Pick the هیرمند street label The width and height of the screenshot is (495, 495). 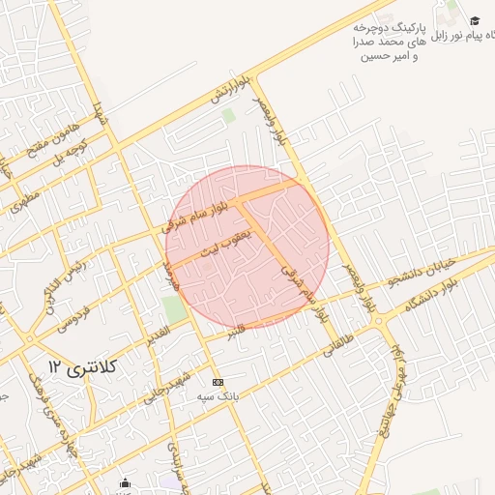pyautogui.click(x=173, y=277)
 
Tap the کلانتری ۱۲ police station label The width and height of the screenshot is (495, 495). pyautogui.click(x=81, y=366)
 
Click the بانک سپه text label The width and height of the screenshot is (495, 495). pyautogui.click(x=218, y=397)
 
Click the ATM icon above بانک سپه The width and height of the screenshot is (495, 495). pyautogui.click(x=218, y=383)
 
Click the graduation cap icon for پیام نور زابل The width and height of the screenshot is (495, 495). pyautogui.click(x=475, y=20)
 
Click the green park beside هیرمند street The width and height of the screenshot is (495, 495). pyautogui.click(x=174, y=310)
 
